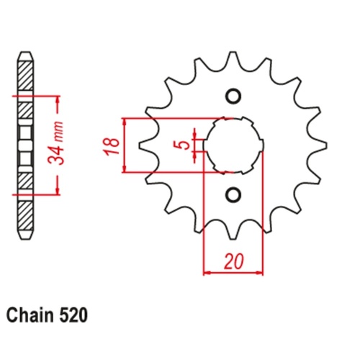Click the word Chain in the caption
30,315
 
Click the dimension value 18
109,145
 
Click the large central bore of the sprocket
233,144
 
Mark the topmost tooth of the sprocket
233,60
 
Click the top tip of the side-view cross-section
25,53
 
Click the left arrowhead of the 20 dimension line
207,272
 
